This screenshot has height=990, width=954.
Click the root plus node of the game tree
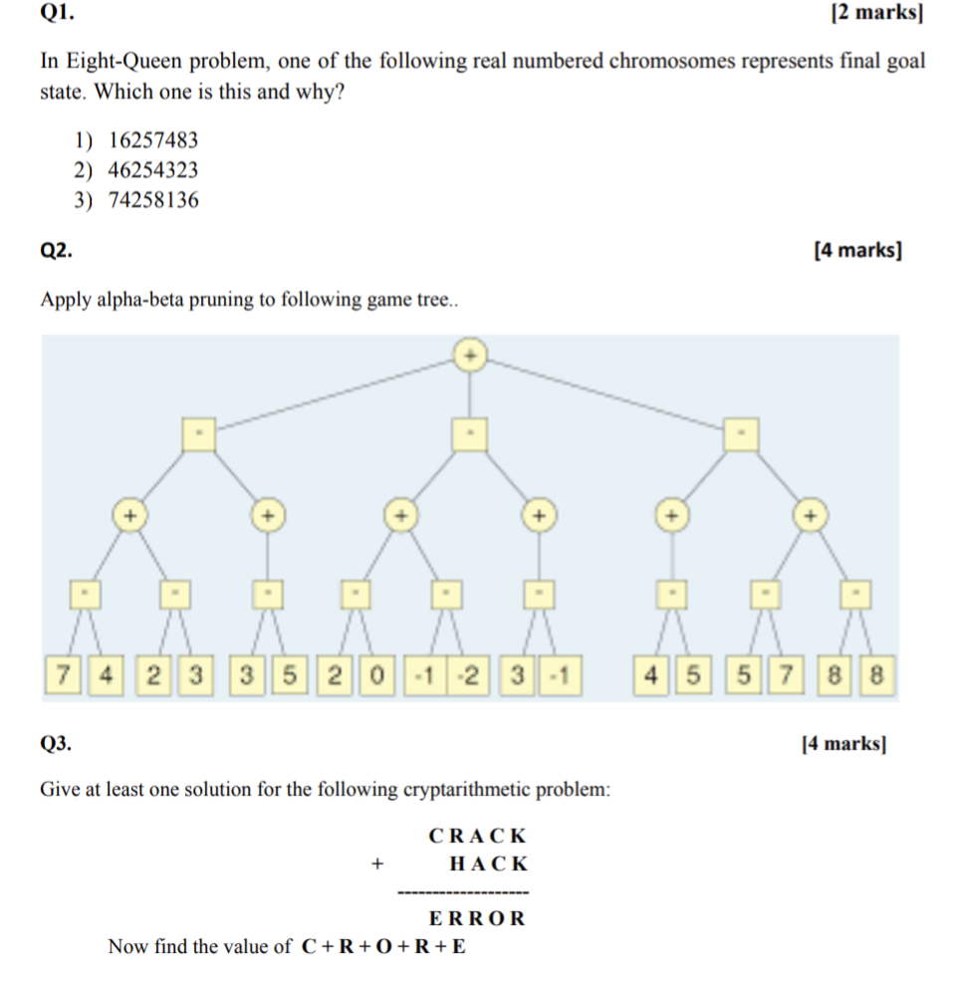(x=471, y=356)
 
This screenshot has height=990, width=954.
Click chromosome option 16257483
(x=152, y=140)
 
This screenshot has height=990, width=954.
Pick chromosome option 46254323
(x=152, y=170)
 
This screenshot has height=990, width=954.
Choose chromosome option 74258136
(x=152, y=200)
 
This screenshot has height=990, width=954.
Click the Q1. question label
(x=57, y=13)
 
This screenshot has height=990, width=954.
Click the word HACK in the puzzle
(x=489, y=865)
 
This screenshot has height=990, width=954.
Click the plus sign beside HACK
(x=376, y=865)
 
